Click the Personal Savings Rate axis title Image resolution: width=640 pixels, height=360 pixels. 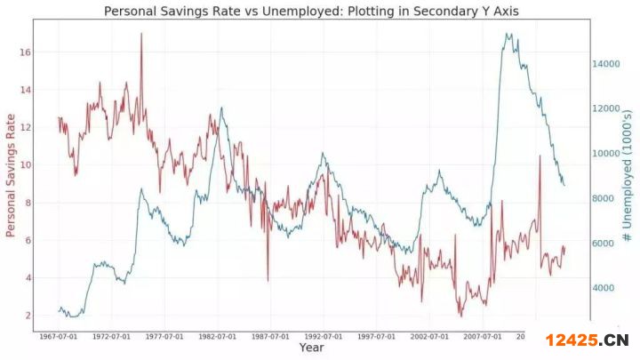(x=12, y=175)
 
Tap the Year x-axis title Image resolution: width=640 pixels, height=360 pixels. (x=311, y=348)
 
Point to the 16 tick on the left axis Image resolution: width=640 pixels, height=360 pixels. (x=26, y=52)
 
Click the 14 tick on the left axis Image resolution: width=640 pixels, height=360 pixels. (x=26, y=90)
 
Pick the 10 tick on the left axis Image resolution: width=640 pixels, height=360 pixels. (x=26, y=165)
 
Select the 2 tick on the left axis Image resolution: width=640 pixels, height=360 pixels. (x=28, y=316)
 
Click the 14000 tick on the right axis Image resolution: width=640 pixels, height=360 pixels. (x=607, y=64)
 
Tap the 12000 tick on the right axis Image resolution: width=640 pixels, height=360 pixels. (x=607, y=108)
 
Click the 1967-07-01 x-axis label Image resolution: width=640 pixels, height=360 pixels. (x=59, y=336)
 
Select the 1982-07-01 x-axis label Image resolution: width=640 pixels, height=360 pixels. (x=217, y=336)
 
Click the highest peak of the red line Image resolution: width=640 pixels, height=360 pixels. (x=141, y=34)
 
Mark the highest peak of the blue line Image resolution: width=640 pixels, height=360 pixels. (x=508, y=35)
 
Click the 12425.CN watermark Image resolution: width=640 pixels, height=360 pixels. (x=588, y=339)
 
